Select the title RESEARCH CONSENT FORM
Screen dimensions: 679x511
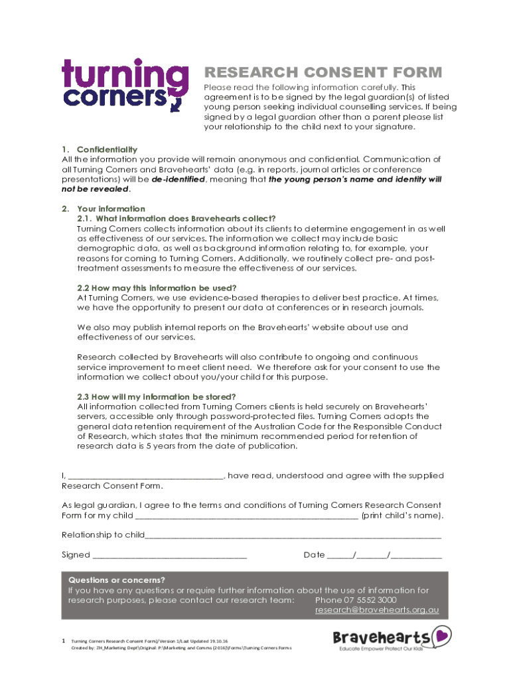coord(323,72)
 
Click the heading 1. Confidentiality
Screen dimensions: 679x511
coord(106,149)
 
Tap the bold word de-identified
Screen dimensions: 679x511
coord(178,179)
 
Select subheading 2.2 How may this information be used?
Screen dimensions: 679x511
coord(157,288)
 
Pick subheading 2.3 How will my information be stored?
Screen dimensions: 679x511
coord(157,397)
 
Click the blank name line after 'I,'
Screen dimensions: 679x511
coord(146,475)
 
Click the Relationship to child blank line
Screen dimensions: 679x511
coord(293,534)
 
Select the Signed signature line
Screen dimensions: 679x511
coord(170,554)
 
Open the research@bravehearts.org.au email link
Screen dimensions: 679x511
coord(376,609)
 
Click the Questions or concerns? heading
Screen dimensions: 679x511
coord(117,580)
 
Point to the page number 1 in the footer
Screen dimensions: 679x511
coord(63,641)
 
